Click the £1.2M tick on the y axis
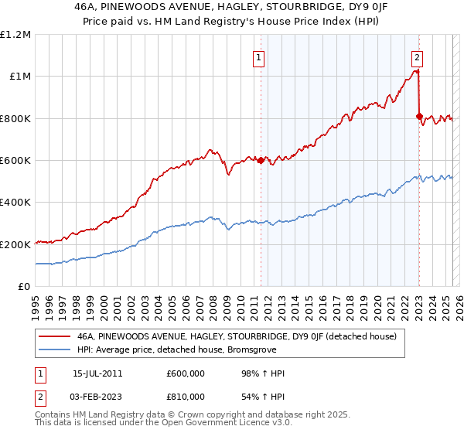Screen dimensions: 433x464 (x=15, y=35)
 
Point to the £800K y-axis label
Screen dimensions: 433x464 (x=15, y=118)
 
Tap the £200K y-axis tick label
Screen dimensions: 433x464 (x=15, y=244)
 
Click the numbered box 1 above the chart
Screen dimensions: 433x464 (x=258, y=56)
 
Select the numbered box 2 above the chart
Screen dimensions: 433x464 (x=417, y=56)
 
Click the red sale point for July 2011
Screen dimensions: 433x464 (x=261, y=160)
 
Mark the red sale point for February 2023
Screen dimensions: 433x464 (x=419, y=117)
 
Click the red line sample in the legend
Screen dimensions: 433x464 (x=53, y=336)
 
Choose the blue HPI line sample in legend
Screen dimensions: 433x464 (x=53, y=350)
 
